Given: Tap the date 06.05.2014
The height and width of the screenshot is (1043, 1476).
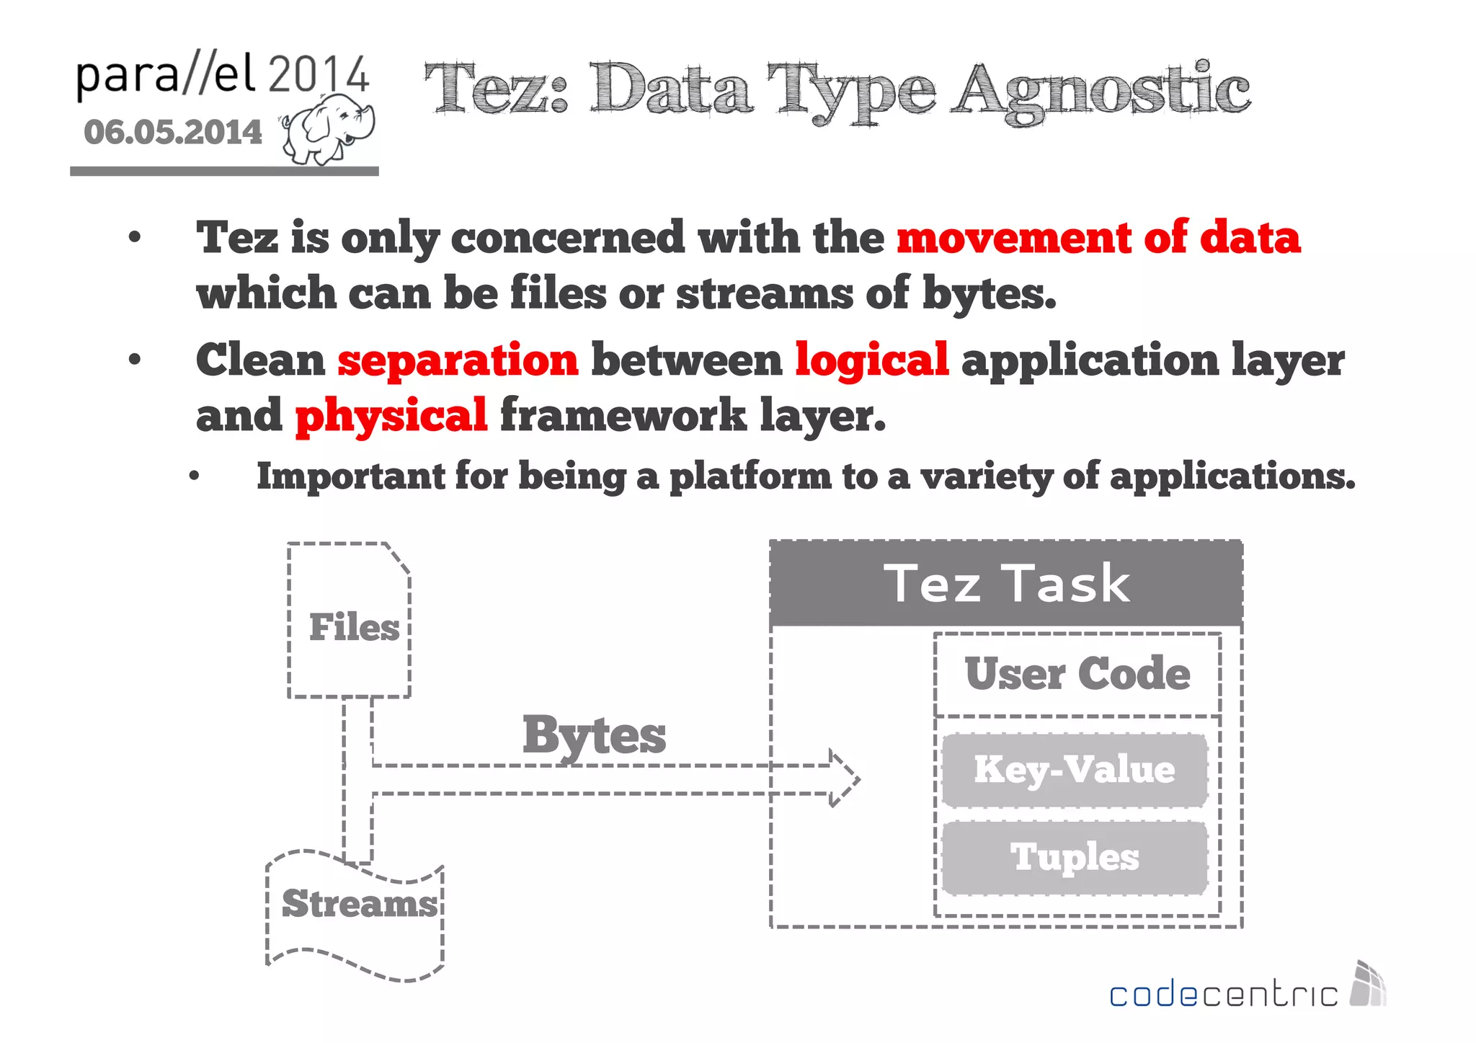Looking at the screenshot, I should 173,133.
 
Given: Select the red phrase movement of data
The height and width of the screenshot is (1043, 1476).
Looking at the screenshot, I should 1098,237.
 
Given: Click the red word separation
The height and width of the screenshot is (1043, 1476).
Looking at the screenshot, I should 458,360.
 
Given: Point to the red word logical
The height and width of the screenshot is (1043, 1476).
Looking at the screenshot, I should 871,360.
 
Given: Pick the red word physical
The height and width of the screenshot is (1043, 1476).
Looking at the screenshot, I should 391,416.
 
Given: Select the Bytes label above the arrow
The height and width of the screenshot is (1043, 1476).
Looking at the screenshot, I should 594,736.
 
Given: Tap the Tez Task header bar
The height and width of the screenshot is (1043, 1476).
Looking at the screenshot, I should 1006,583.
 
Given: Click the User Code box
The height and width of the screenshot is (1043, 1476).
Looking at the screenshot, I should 1077,675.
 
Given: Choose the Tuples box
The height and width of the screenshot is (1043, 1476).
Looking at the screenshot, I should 1074,858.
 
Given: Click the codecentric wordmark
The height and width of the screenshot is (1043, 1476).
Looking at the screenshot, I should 1222,995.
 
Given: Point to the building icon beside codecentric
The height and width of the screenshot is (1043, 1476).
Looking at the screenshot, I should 1368,985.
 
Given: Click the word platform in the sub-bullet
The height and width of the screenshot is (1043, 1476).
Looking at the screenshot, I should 750,477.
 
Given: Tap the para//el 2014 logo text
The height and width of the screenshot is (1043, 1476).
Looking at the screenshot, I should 222,75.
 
